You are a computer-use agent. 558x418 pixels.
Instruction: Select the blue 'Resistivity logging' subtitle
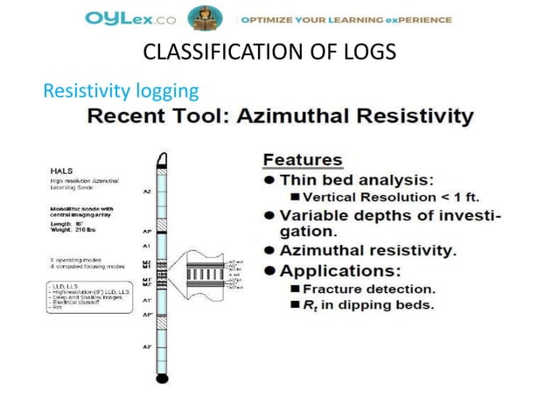121,90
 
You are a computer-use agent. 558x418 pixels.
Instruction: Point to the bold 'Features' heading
303,160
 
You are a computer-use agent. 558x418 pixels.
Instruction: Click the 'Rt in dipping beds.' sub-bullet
367,305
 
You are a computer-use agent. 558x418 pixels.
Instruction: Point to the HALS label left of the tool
59,171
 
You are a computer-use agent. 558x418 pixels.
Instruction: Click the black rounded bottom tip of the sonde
162,377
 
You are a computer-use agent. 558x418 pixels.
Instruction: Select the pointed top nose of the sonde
162,160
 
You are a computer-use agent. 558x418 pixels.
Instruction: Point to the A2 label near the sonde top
146,190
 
